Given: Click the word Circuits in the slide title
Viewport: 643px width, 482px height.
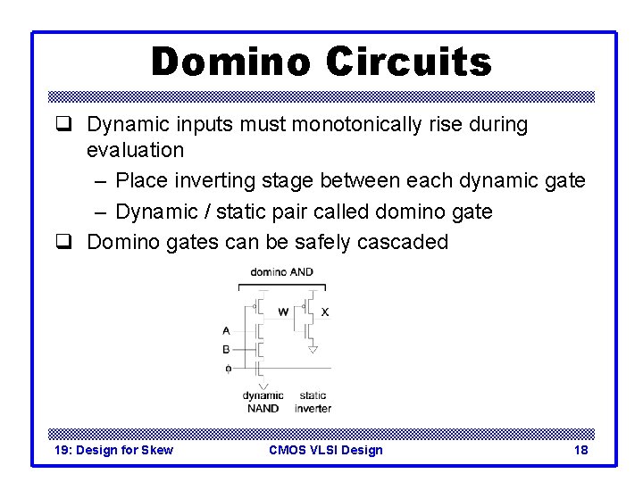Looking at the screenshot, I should coord(408,62).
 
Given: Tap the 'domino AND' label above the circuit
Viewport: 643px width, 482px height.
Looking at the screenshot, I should coord(281,271).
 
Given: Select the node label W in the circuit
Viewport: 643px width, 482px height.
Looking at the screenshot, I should coord(283,312).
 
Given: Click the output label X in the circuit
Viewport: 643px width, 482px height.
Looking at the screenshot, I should coord(325,312).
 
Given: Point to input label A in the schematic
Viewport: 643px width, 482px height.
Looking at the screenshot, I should coord(227,330).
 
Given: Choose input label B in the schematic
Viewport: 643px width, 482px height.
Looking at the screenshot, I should coord(227,349).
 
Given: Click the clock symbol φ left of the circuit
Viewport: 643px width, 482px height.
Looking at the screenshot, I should coord(228,368).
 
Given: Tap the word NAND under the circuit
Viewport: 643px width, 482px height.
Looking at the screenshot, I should coord(263,408).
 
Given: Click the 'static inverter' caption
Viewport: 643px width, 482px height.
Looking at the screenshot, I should coord(313,402).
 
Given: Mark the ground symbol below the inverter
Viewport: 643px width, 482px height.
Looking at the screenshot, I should coord(313,350).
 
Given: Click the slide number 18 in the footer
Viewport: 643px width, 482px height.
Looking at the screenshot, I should coord(580,450).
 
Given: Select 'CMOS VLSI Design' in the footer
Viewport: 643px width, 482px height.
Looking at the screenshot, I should coord(325,450).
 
